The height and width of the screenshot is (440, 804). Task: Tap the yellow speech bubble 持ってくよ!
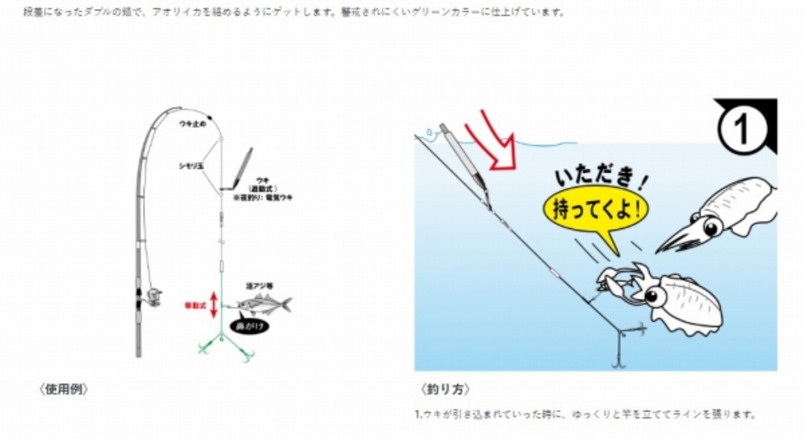click(596, 209)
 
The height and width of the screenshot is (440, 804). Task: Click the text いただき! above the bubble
click(600, 173)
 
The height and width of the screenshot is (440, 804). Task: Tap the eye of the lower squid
click(655, 294)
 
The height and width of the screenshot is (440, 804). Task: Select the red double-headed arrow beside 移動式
click(214, 305)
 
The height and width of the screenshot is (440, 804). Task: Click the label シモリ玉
click(191, 166)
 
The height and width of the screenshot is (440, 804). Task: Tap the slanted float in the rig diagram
click(242, 168)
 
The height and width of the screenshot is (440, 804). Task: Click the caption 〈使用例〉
click(63, 389)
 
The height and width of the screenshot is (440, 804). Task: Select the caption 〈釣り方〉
click(445, 389)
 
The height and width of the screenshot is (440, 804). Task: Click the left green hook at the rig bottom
click(204, 348)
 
